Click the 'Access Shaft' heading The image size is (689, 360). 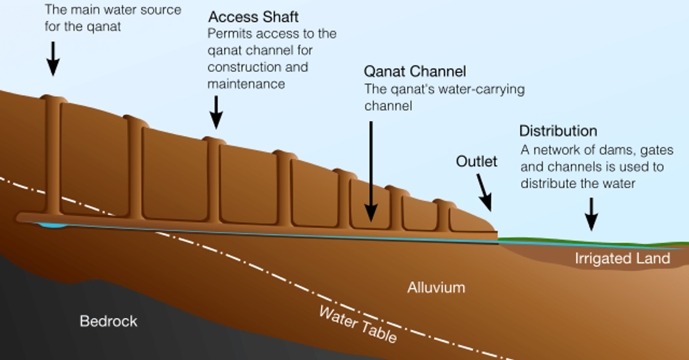253,17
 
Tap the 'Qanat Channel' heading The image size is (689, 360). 415,72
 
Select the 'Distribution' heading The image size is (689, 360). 558,131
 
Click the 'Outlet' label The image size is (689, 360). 477,162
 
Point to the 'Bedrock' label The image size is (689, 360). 109,320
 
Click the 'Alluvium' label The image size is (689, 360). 436,287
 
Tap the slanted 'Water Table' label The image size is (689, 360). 357,325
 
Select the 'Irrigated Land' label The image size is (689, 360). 622,258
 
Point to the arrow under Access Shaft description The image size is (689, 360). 216,111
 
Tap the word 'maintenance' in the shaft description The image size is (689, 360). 246,84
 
